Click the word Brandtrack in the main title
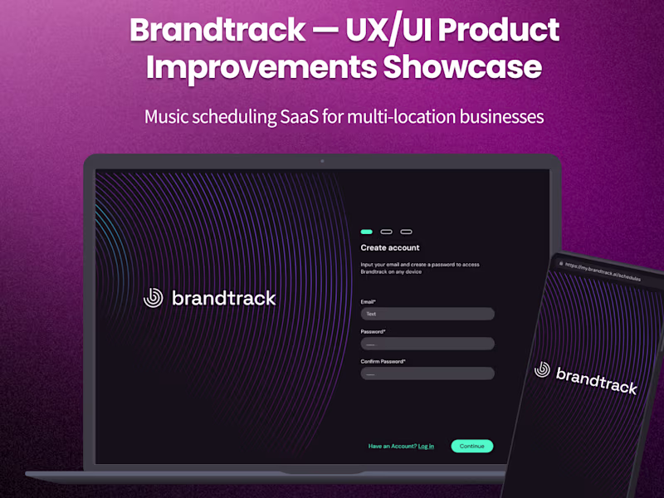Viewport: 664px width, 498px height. click(217, 31)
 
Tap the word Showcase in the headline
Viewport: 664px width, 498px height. click(461, 67)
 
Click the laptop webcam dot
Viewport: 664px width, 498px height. click(322, 160)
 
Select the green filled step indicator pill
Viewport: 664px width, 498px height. click(366, 232)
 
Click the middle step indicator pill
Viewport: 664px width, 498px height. click(386, 232)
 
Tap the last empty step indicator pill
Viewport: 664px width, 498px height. click(406, 232)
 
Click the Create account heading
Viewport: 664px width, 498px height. click(390, 247)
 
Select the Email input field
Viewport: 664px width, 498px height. click(427, 314)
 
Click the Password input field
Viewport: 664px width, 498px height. click(427, 344)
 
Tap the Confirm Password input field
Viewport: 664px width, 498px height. click(427, 373)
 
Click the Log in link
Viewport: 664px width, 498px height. click(426, 447)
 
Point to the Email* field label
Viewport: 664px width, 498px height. click(369, 301)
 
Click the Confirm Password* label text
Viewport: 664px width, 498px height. click(383, 361)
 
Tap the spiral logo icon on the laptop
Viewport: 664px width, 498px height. click(154, 297)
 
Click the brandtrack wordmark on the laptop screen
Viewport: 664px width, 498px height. click(223, 298)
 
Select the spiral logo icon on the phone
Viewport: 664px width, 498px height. click(543, 369)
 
